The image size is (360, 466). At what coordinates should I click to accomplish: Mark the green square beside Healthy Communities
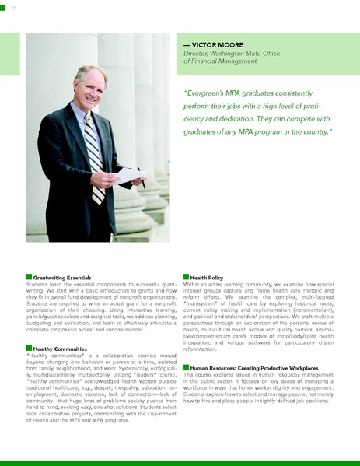click(29, 348)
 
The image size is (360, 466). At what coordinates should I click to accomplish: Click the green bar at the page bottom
click(180, 462)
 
